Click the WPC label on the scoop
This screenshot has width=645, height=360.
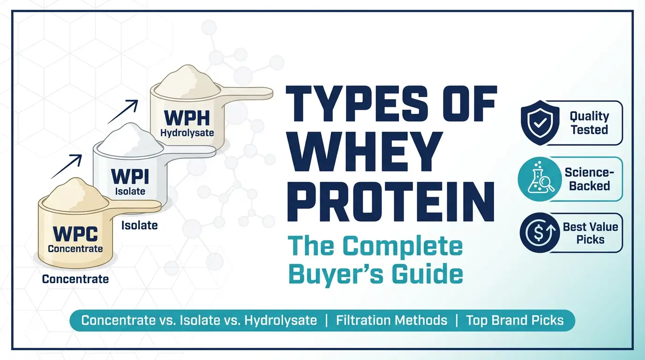75,233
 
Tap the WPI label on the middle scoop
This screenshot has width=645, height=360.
130,177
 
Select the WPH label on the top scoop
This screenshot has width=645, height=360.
187,117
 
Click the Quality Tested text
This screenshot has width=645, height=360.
589,123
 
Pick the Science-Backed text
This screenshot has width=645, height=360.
590,179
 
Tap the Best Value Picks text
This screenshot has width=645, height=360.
590,233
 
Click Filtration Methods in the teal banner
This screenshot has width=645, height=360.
391,321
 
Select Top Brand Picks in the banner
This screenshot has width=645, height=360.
515,321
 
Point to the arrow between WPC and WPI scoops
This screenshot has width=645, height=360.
67,167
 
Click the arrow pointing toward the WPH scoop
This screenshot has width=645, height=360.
123,111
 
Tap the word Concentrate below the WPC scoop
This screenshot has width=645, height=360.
75,279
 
